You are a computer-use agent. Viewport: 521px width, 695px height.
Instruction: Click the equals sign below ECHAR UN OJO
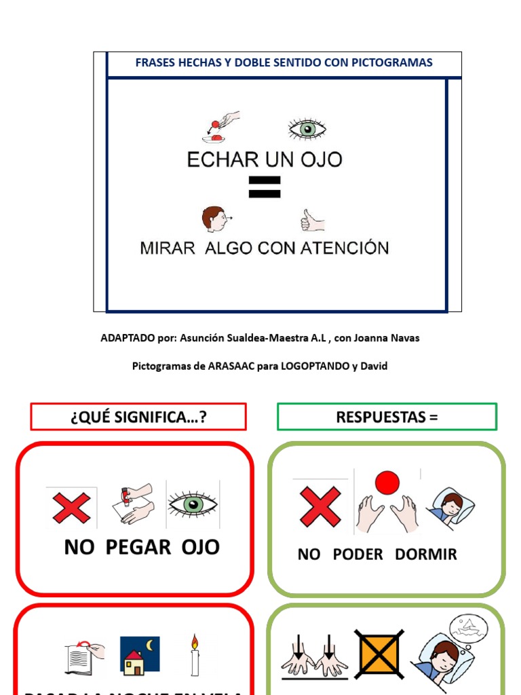[265, 187]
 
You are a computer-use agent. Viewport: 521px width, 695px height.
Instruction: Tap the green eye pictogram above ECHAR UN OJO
[307, 129]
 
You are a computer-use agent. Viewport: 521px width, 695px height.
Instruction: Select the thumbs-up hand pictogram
[312, 220]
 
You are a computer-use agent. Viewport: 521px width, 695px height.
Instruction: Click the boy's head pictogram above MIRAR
[215, 219]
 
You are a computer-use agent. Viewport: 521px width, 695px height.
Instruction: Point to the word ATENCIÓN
[349, 248]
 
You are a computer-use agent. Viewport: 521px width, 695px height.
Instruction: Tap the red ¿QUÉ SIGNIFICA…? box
[138, 417]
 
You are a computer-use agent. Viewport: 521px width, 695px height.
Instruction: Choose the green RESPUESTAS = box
[387, 417]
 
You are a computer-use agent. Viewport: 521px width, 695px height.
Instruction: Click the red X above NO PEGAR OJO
[71, 508]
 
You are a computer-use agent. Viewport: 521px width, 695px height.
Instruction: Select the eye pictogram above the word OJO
[193, 504]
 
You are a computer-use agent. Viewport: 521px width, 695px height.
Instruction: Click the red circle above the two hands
[387, 483]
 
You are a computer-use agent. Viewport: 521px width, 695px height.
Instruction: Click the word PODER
[358, 555]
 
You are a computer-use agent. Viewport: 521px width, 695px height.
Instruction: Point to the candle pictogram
[195, 656]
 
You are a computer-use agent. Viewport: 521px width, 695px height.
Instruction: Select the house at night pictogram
[139, 656]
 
